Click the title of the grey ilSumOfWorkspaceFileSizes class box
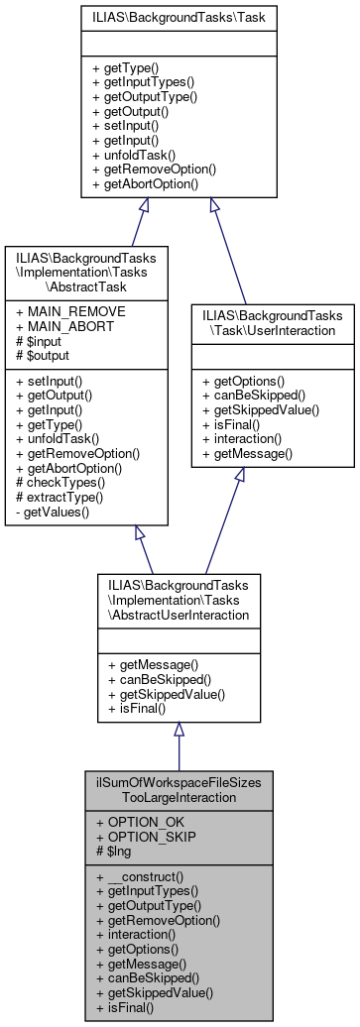click(179, 788)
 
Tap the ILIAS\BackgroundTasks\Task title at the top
click(180, 18)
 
